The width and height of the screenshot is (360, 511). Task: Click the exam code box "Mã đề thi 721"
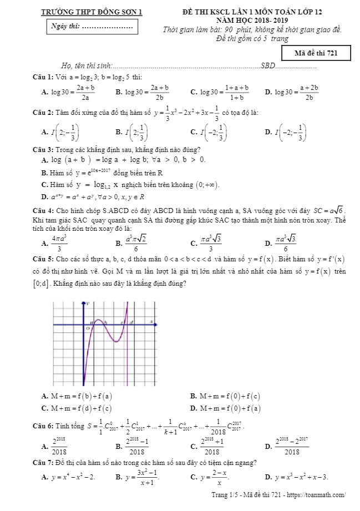click(x=316, y=53)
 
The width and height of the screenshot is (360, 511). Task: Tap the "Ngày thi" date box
click(x=92, y=26)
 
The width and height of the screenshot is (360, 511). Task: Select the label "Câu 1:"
click(x=43, y=77)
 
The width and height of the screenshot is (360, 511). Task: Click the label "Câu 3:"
click(x=43, y=150)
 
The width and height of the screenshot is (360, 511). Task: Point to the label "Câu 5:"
click(x=43, y=259)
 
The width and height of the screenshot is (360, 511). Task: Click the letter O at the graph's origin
click(x=87, y=328)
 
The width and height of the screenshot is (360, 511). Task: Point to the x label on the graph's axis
click(x=151, y=321)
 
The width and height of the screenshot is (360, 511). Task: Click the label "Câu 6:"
click(x=43, y=426)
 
